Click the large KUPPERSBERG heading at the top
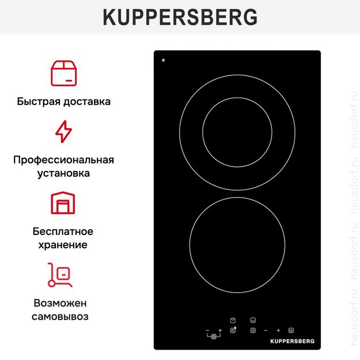(180, 17)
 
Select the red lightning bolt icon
(63, 131)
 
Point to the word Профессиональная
(63, 160)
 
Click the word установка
(63, 173)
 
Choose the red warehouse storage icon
(63, 203)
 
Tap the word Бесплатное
(63, 232)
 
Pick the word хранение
(63, 245)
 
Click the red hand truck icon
(60, 275)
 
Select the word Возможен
(63, 303)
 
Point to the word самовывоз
(63, 316)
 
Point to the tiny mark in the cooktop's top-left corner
(164, 59)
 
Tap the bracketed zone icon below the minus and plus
(214, 336)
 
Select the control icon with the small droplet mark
(233, 330)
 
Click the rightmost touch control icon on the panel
(291, 331)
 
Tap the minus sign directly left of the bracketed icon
(207, 331)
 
